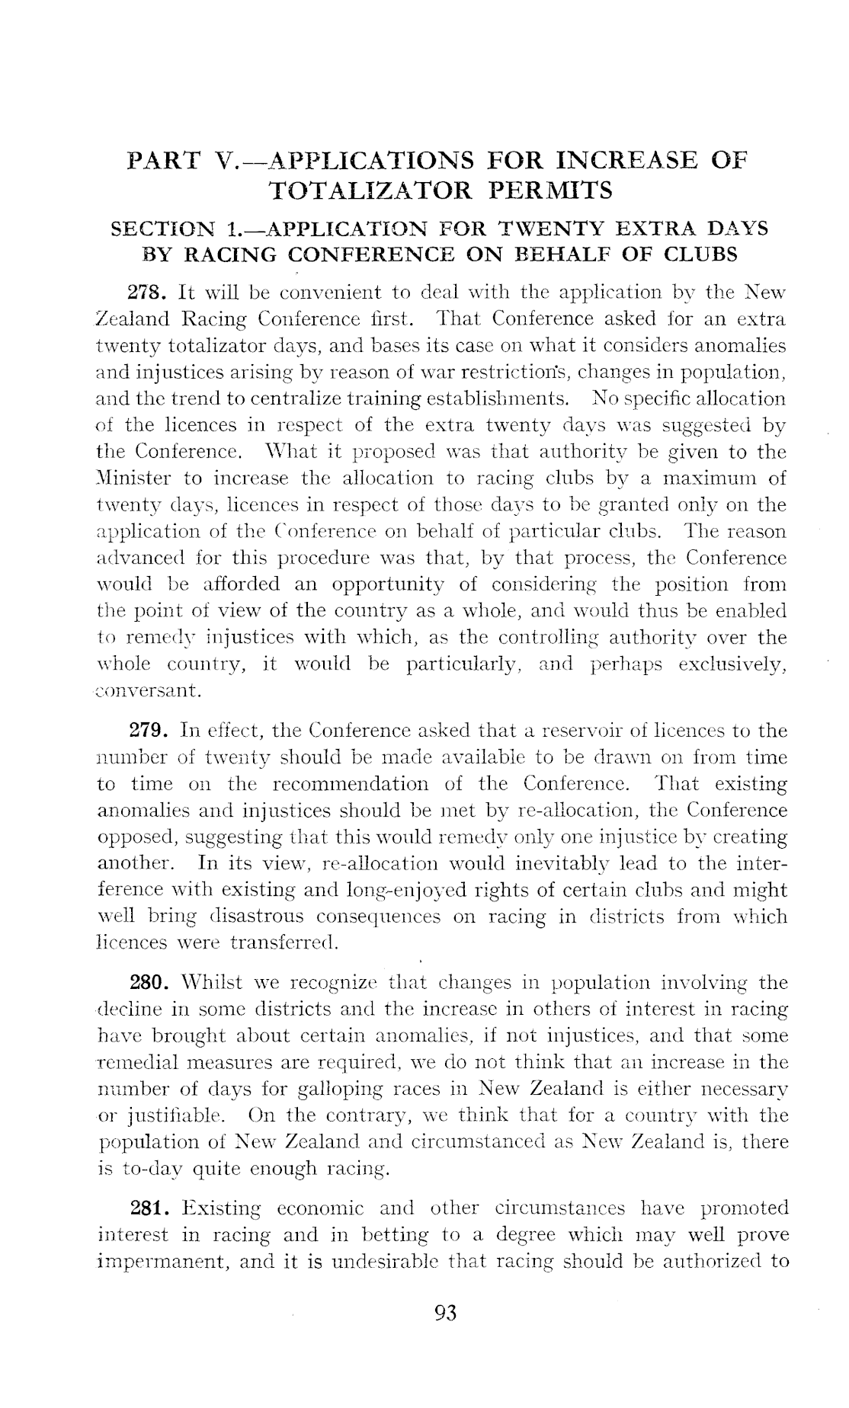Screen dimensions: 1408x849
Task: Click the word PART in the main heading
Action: (164, 161)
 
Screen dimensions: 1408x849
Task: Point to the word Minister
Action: (135, 479)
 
